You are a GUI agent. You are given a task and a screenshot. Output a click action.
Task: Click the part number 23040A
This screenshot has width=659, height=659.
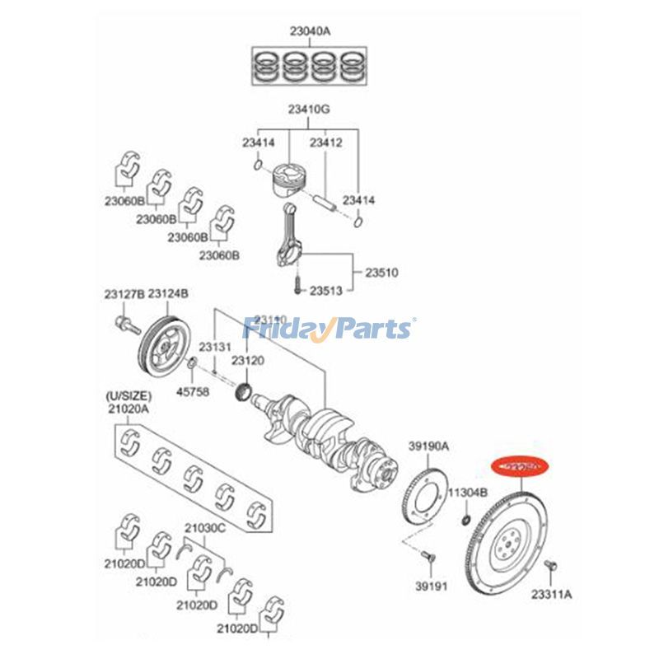(309, 32)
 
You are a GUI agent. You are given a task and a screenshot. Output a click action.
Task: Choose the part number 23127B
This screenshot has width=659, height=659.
(124, 293)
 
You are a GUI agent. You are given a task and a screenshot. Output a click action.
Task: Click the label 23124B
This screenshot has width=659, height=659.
(169, 293)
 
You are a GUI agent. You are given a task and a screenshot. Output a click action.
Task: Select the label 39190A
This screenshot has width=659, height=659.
(428, 446)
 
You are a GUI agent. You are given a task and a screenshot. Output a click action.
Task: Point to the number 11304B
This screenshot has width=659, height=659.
(468, 493)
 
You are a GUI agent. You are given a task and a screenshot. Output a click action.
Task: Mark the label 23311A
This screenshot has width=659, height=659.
(551, 593)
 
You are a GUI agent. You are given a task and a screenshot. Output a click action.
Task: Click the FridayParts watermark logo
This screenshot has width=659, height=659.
(329, 329)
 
